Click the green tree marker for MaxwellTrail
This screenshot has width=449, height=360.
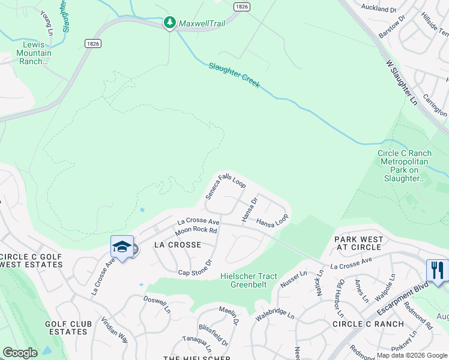point(170,23)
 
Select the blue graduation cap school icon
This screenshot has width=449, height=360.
point(121,247)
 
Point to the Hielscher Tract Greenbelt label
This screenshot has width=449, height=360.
point(249,280)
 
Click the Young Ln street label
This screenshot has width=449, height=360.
point(46,22)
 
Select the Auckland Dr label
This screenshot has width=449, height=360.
point(379,10)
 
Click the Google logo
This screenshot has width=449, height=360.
point(20,352)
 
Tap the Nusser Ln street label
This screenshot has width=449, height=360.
point(294,281)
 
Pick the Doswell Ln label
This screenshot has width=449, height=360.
point(157,303)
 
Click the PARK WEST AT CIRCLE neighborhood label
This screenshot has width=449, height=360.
point(359,244)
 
